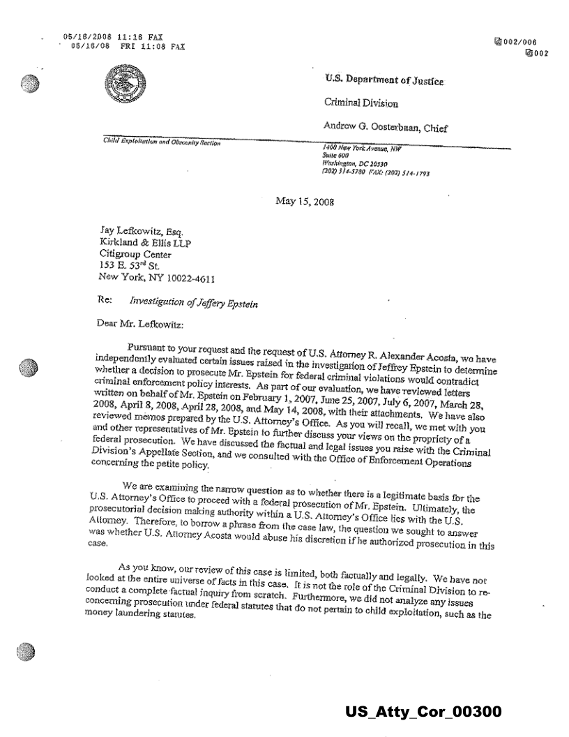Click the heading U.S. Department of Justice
tap(384, 82)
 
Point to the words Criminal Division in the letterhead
tap(362, 103)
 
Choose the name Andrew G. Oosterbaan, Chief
tap(385, 127)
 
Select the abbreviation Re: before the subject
tap(107, 301)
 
